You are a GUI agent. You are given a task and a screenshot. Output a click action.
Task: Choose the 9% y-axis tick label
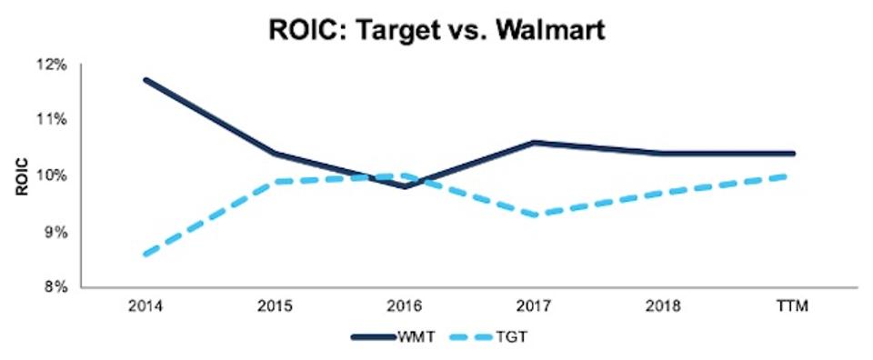pyautogui.click(x=55, y=232)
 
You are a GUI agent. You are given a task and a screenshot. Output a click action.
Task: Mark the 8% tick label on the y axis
pyautogui.click(x=55, y=287)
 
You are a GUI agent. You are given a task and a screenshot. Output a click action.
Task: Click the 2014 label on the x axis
pyautogui.click(x=146, y=306)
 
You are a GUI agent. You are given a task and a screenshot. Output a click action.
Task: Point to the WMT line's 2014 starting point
pyautogui.click(x=146, y=80)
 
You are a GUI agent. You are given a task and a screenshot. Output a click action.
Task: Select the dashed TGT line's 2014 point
pyautogui.click(x=146, y=255)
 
